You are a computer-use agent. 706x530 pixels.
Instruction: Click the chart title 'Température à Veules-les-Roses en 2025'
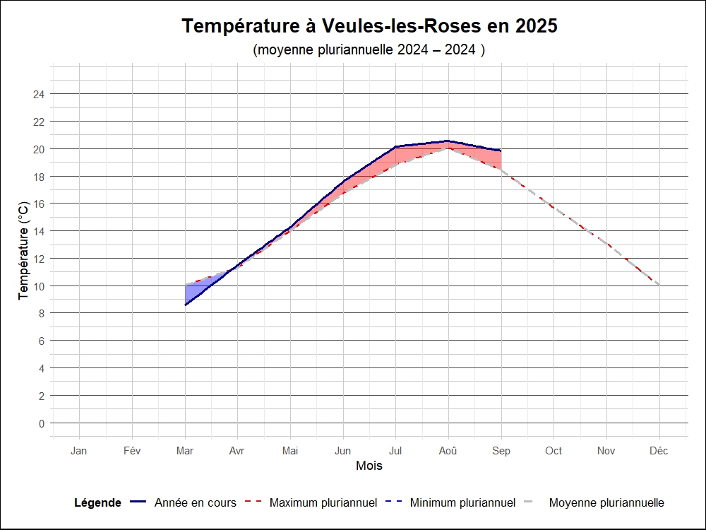click(x=369, y=26)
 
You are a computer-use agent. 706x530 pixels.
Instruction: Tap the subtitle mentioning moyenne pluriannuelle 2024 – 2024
click(x=369, y=50)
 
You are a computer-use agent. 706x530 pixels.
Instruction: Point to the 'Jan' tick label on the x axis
click(x=79, y=451)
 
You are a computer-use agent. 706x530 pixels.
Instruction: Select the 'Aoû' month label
click(x=448, y=451)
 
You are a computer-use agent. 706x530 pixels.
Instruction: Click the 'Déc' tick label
click(x=659, y=451)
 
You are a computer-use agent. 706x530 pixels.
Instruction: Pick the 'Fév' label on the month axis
click(x=132, y=451)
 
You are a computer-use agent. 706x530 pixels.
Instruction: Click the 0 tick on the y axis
click(x=42, y=423)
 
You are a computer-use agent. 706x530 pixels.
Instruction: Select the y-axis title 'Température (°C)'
click(x=24, y=250)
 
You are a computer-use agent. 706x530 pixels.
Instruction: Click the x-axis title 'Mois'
click(x=369, y=466)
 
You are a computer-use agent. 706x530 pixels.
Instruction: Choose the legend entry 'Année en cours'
click(x=195, y=503)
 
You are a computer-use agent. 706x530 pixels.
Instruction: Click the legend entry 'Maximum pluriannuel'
click(x=323, y=503)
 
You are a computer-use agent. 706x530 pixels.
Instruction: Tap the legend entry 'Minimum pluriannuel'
click(x=462, y=503)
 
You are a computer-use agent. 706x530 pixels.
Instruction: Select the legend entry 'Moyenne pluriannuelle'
click(x=606, y=503)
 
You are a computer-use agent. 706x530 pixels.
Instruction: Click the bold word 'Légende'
click(x=97, y=503)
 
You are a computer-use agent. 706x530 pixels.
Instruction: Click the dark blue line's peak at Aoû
click(x=448, y=141)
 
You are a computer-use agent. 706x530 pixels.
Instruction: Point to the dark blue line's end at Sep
click(x=501, y=151)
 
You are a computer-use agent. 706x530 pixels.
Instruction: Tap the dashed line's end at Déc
click(x=659, y=285)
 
